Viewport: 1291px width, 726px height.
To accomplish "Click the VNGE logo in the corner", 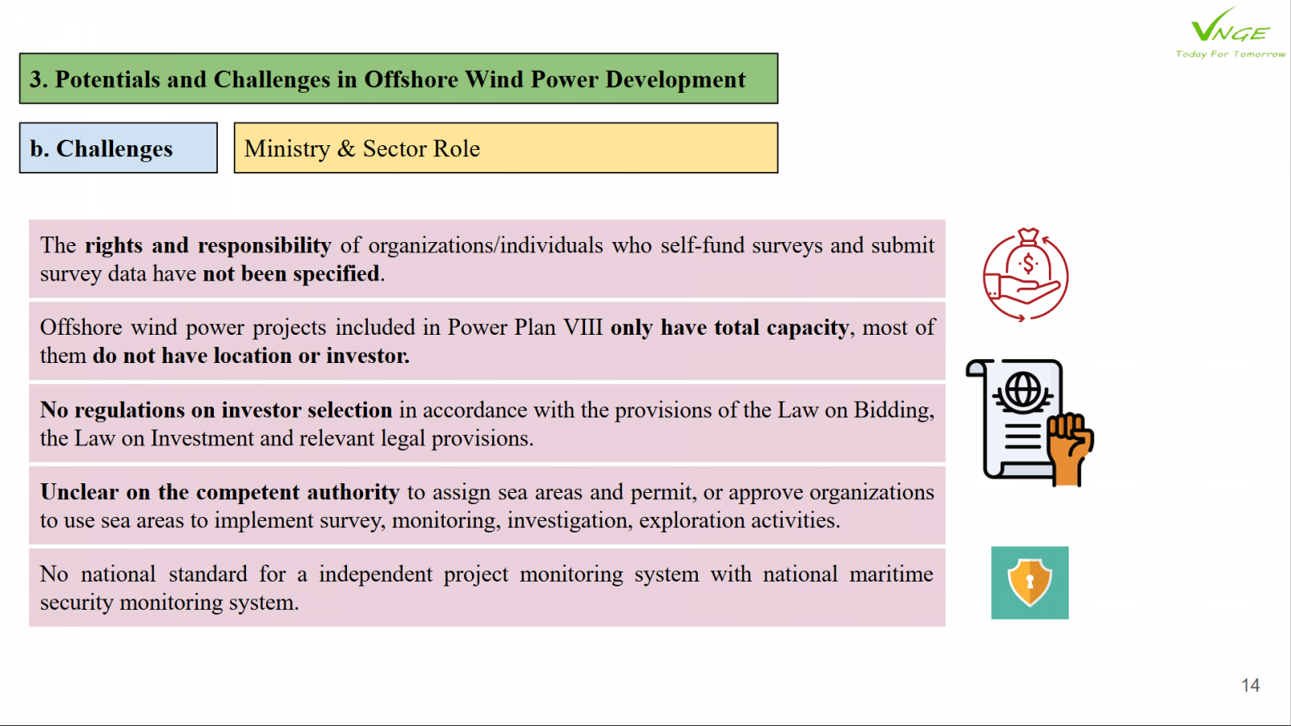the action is coord(1230,25).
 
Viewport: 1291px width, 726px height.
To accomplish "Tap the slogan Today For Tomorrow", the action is coord(1230,54).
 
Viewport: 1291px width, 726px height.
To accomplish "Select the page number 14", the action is coord(1250,685).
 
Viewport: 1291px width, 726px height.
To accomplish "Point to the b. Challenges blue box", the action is coord(118,148).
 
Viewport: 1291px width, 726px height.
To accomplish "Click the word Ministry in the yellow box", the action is coord(286,148).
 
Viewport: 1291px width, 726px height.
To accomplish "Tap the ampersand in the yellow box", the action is coord(346,148).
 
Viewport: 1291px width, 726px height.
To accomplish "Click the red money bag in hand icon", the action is coord(1026,274).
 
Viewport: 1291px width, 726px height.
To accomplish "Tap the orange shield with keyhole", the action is coord(1030,582).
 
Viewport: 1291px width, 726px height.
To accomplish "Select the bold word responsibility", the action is coord(265,246).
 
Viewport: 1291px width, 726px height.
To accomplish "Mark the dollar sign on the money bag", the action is coord(1028,265).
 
